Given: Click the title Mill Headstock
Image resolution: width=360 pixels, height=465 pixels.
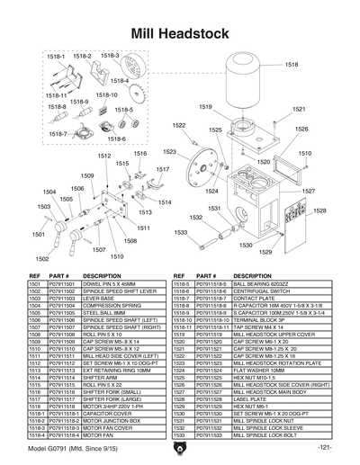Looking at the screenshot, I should click(x=180, y=33).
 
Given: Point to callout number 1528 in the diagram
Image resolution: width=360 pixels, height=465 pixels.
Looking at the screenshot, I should click(x=319, y=210).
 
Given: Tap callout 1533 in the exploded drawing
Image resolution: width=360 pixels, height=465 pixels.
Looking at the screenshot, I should click(x=181, y=232).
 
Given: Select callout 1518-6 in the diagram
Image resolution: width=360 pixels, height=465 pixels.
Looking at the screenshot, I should click(x=116, y=139).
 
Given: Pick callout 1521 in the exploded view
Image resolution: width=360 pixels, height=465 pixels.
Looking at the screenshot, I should click(x=299, y=109).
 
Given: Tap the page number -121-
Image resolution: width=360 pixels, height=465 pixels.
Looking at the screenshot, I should click(x=327, y=447).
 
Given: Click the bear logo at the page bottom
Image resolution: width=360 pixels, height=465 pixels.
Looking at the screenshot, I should click(x=180, y=447).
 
